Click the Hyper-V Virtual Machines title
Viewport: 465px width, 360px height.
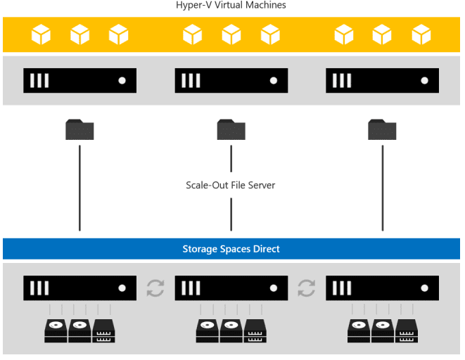pyautogui.click(x=231, y=6)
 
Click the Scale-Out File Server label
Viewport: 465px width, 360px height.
pyautogui.click(x=230, y=186)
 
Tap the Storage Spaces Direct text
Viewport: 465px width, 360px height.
pyautogui.click(x=231, y=249)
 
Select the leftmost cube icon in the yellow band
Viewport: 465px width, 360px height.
pyautogui.click(x=41, y=34)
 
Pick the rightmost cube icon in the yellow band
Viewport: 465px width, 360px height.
pyautogui.click(x=421, y=34)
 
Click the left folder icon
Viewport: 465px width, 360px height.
pyautogui.click(x=79, y=129)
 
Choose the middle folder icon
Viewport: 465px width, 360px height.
pyautogui.click(x=231, y=129)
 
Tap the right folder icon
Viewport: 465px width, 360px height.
pyautogui.click(x=382, y=129)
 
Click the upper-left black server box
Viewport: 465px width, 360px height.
pyautogui.click(x=79, y=80)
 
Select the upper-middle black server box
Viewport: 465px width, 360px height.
pyautogui.click(x=231, y=80)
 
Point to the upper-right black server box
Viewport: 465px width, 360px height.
pyautogui.click(x=382, y=80)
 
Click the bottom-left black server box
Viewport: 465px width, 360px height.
pyautogui.click(x=79, y=288)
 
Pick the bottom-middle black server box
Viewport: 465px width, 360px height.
pyautogui.click(x=231, y=288)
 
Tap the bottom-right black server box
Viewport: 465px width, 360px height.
pyautogui.click(x=382, y=288)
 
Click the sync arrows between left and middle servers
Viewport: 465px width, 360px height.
pyautogui.click(x=155, y=288)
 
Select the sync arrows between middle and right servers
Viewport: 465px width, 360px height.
pyautogui.click(x=306, y=288)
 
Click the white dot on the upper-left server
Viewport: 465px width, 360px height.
pyautogui.click(x=122, y=80)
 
